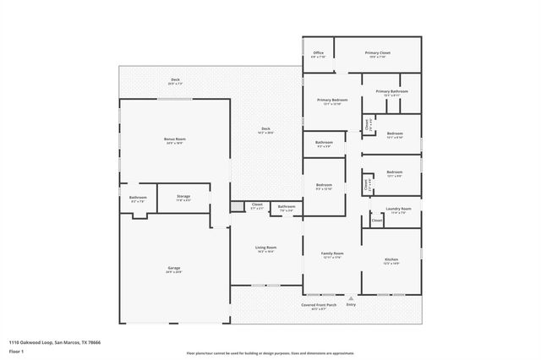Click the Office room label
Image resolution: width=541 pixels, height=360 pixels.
(318, 53)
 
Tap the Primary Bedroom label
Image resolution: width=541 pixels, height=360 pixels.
(331, 101)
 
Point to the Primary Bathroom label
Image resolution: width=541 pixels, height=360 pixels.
(391, 91)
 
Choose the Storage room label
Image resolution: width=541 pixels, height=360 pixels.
(183, 196)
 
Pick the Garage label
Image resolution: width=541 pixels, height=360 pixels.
(173, 269)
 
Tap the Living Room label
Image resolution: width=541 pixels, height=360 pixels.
(266, 248)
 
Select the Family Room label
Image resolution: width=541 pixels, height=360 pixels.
(331, 254)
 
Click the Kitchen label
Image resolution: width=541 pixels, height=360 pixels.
(391, 259)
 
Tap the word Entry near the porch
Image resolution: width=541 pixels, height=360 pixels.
(351, 304)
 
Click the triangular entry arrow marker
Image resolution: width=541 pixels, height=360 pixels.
(351, 297)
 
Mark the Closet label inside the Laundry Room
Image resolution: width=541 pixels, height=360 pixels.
(376, 220)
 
